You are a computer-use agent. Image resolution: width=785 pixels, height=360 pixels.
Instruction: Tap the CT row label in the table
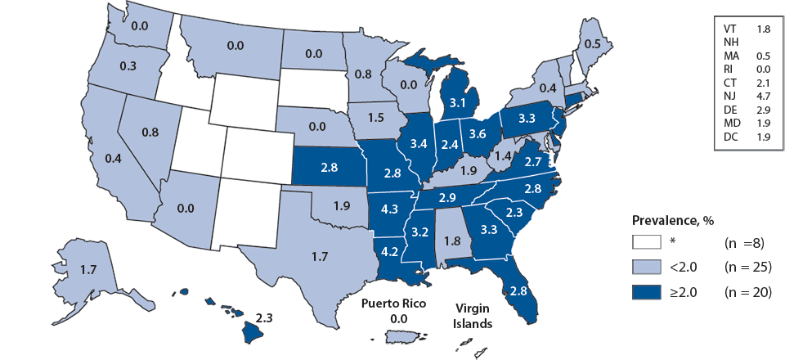pyautogui.click(x=733, y=83)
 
